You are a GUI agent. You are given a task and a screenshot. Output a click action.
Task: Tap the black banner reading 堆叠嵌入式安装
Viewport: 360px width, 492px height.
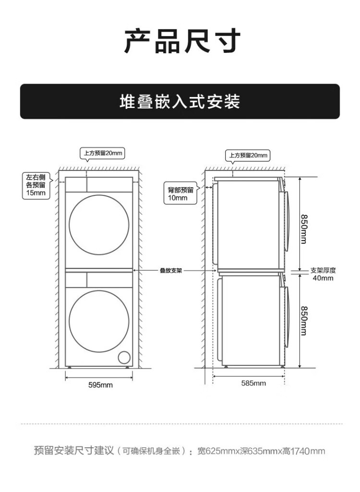[180, 102]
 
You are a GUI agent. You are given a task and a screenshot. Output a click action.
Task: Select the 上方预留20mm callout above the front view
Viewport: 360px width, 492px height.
[102, 154]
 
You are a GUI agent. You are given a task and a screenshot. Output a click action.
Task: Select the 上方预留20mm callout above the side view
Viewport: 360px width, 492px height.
[247, 156]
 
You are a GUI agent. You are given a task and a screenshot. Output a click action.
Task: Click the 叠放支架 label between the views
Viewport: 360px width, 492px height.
[171, 271]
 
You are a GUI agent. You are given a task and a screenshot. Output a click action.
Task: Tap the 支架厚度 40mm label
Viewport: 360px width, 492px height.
[323, 274]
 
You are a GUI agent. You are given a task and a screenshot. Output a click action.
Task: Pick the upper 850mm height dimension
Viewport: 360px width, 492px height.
[303, 228]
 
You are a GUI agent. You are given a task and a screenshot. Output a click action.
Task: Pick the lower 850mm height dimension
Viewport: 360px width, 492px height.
[303, 320]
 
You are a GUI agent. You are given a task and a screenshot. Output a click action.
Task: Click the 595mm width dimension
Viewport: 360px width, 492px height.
[101, 385]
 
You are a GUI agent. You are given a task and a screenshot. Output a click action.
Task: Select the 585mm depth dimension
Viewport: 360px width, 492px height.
[253, 383]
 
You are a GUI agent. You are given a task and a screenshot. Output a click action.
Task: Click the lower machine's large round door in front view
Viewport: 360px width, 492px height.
[99, 320]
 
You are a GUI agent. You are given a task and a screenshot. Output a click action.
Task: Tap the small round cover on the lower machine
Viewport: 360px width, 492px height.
[124, 357]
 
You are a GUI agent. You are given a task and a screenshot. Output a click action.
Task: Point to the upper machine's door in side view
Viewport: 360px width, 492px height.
[287, 221]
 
